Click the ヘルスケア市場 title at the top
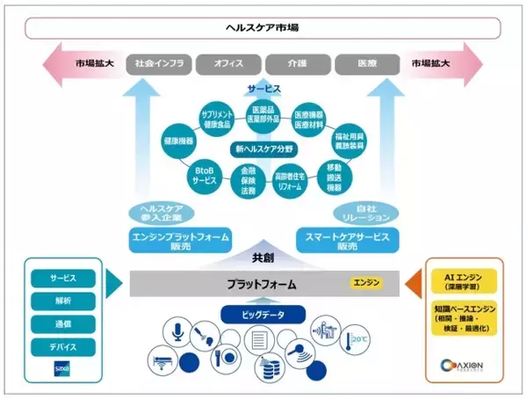coord(263,27)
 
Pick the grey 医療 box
coord(367,64)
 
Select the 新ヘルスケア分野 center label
coord(263,149)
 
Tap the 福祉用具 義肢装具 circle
coord(350,141)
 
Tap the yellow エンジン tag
coord(366,283)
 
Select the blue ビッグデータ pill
coord(262,314)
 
